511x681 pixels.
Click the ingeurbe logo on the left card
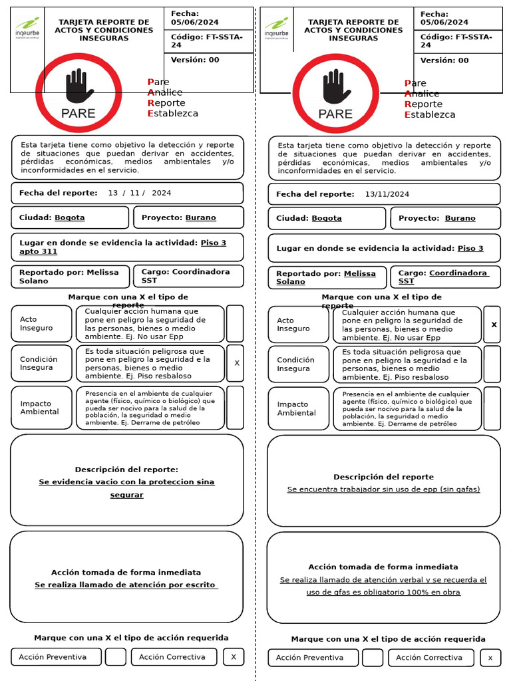coord(27,29)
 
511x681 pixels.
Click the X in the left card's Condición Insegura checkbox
coord(237,363)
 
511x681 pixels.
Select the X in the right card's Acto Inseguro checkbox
coord(494,325)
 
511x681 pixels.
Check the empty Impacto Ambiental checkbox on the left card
coord(235,408)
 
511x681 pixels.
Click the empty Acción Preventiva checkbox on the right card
coord(373,658)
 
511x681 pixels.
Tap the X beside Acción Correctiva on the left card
coord(234,657)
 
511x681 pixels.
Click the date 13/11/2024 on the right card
coord(387,194)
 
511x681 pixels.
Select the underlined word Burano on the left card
coord(200,217)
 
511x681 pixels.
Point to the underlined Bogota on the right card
coord(327,218)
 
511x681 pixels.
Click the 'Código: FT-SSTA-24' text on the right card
coord(456,41)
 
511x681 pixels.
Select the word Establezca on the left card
coord(172,113)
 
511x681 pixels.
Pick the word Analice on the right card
coord(422,94)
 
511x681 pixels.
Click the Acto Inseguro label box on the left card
coord(41,324)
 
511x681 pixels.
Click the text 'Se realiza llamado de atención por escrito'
coord(126,585)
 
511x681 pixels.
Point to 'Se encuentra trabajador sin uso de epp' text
coord(383,489)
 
